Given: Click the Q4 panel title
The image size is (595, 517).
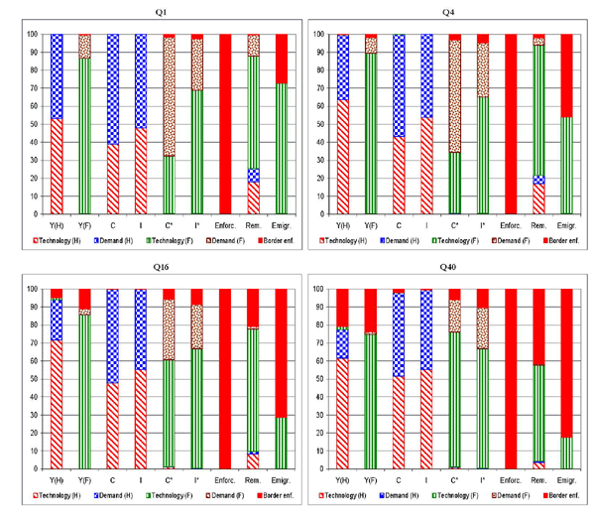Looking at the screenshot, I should (x=448, y=13).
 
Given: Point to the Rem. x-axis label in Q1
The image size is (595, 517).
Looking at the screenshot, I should (x=253, y=224).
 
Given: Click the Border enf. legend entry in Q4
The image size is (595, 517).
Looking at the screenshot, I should (x=561, y=240).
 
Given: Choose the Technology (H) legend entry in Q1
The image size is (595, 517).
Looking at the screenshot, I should (x=68, y=241).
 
